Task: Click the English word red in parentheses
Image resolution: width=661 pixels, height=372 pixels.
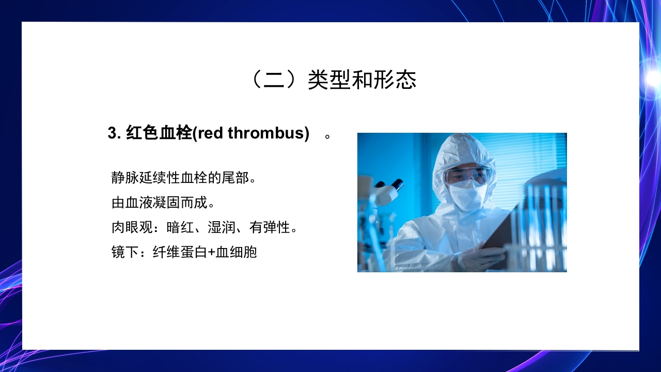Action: pos(210,133)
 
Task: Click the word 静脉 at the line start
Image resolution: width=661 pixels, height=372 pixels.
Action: pos(125,178)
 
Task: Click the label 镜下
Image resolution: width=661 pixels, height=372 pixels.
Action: pos(124,252)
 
